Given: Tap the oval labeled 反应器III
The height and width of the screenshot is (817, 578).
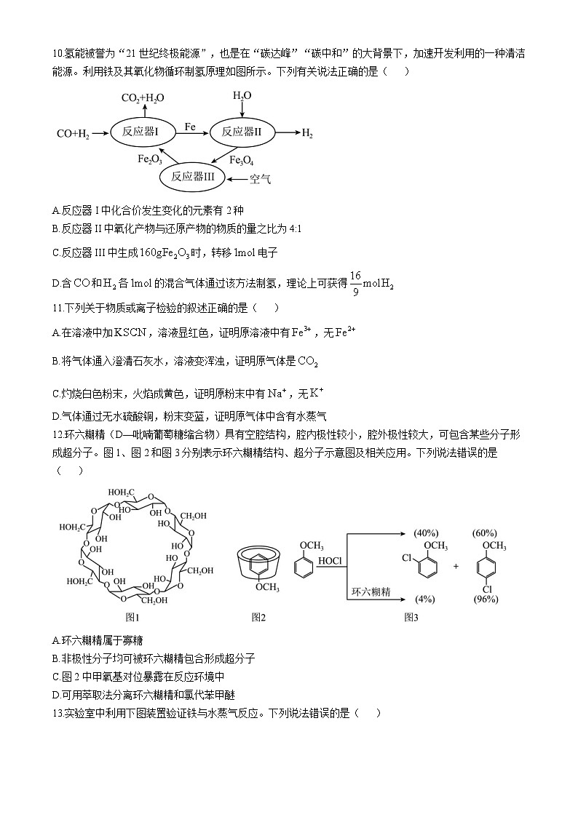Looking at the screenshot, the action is coord(193,176).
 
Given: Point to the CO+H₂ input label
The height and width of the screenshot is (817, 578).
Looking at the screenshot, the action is coord(73,133).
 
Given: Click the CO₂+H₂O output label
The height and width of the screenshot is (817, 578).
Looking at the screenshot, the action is coord(142,98).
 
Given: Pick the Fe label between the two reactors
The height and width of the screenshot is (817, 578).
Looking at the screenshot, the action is coord(190,127).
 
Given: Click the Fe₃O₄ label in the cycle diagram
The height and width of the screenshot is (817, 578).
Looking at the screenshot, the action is coord(241,160).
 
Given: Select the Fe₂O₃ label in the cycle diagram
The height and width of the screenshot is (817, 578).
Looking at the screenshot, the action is coord(150,160).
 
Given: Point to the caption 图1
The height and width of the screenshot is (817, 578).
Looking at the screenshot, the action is coord(132,617).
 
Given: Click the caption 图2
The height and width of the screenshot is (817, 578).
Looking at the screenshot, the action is coord(258,617).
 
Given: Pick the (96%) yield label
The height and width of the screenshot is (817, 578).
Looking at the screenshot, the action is coord(486,599).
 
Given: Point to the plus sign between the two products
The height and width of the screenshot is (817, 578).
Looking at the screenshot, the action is coord(456,565).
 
